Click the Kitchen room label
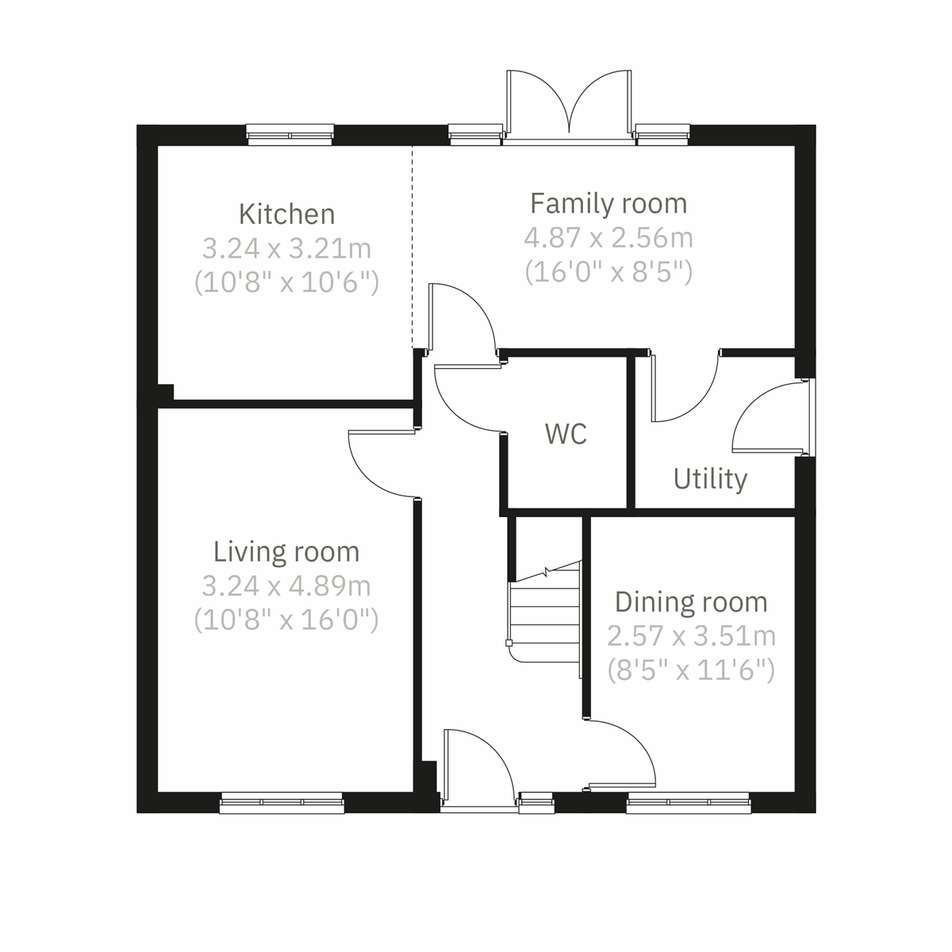(x=286, y=214)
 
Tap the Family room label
(x=608, y=203)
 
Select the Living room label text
(x=286, y=551)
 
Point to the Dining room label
(x=690, y=602)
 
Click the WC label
(x=566, y=434)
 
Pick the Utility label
(x=710, y=479)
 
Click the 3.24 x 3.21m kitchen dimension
(x=286, y=248)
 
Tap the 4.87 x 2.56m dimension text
(x=608, y=237)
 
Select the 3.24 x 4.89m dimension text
(x=286, y=586)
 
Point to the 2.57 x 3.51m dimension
(x=690, y=636)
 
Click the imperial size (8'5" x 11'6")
(x=690, y=671)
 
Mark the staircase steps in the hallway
(x=545, y=615)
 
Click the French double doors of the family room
(x=569, y=103)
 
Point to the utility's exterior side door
(x=770, y=420)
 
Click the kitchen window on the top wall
(x=290, y=135)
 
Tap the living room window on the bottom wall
(x=282, y=803)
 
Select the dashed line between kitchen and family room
(x=412, y=246)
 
